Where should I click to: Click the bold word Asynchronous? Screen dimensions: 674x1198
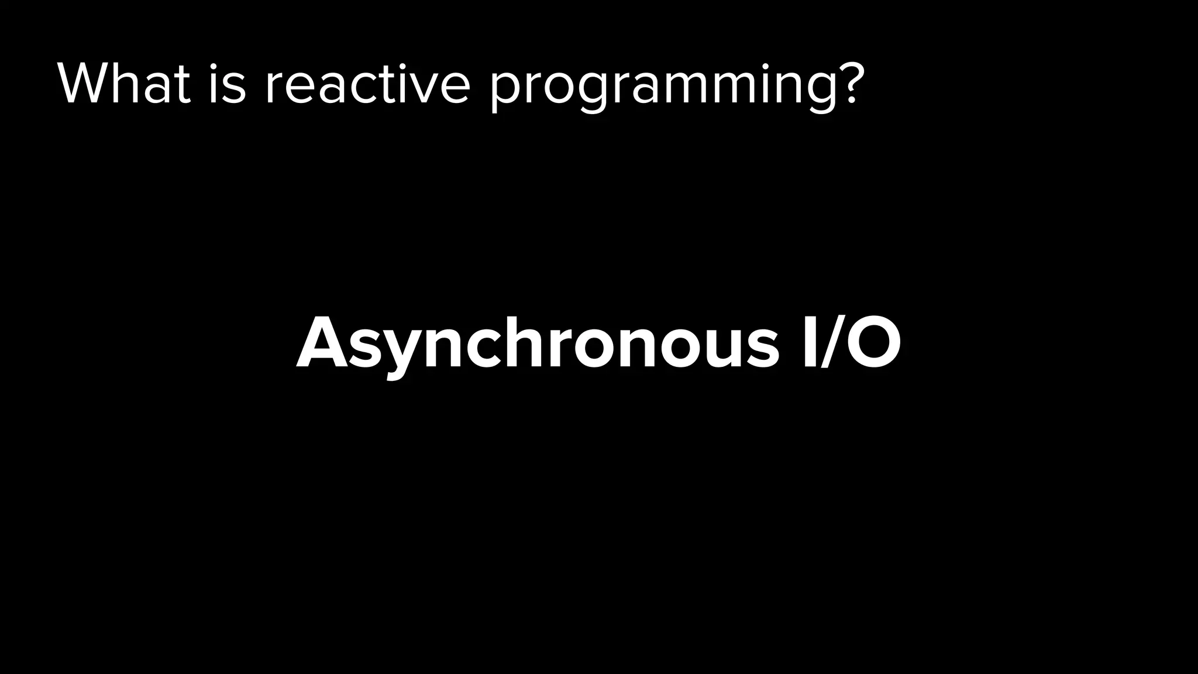pos(537,345)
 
